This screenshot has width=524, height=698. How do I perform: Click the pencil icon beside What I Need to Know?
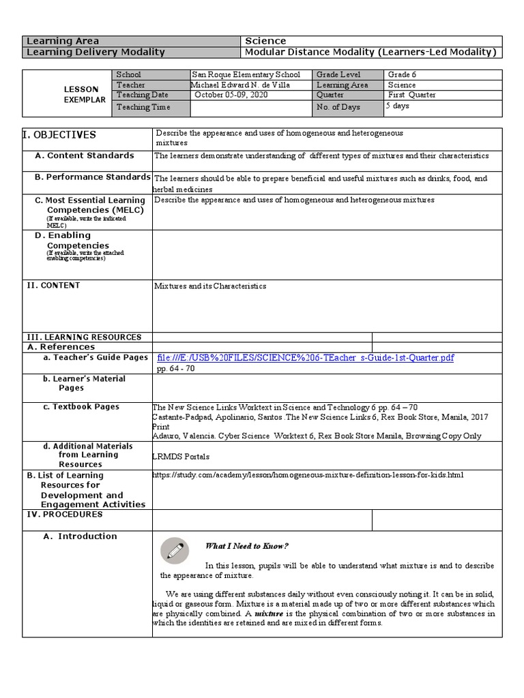(x=174, y=549)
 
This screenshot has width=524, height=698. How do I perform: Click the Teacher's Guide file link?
(x=305, y=358)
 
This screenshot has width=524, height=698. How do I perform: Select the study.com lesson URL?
(x=308, y=474)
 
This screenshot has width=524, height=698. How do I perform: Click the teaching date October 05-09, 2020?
(x=231, y=95)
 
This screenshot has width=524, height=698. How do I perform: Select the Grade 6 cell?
(x=402, y=74)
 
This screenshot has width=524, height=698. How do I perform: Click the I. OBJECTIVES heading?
(x=61, y=135)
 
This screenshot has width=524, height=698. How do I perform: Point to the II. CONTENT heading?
(x=53, y=286)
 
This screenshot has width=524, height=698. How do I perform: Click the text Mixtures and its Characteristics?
(x=210, y=286)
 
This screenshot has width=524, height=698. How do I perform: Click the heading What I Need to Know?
(x=247, y=546)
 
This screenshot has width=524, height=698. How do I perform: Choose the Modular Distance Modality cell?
(x=370, y=52)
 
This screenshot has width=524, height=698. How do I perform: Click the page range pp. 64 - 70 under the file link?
(x=175, y=368)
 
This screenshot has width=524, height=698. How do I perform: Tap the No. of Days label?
(x=336, y=107)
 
